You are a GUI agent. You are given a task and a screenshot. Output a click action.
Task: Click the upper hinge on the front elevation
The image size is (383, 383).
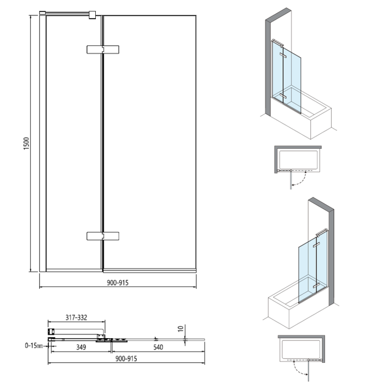[103, 49]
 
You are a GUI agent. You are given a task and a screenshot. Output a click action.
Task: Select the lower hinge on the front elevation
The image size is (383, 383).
[103, 236]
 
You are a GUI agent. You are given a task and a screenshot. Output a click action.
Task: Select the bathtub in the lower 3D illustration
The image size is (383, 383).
[290, 309]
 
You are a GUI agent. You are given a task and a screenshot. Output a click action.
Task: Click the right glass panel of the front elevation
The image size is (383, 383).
[149, 142]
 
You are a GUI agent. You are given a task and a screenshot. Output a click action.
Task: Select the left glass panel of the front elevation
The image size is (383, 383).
[73, 142]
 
